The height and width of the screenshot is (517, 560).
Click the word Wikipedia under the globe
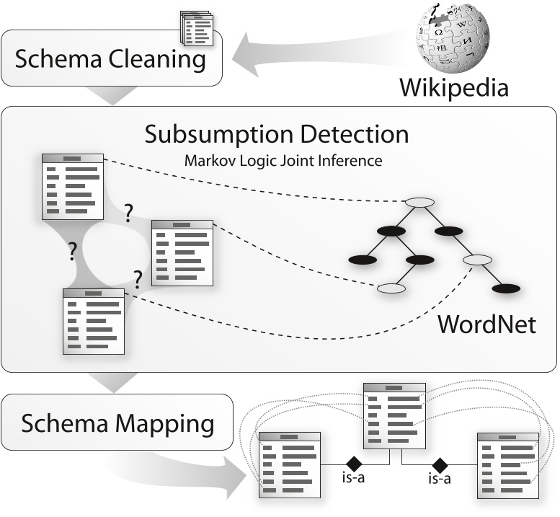click(x=454, y=88)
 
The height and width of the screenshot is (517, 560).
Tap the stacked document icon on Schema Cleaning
click(x=196, y=27)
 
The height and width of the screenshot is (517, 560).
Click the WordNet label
click(x=486, y=324)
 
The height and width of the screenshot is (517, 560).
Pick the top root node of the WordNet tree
click(x=419, y=203)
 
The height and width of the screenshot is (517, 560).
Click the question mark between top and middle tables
click(x=129, y=213)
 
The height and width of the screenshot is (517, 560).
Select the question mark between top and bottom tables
click(x=72, y=251)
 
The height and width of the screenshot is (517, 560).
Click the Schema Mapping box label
click(x=117, y=423)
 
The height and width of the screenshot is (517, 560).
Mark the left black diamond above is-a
click(x=353, y=462)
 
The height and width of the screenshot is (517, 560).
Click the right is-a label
click(x=439, y=478)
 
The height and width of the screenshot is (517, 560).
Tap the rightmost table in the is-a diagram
click(x=507, y=465)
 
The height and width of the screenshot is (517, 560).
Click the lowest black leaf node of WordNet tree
click(x=506, y=289)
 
